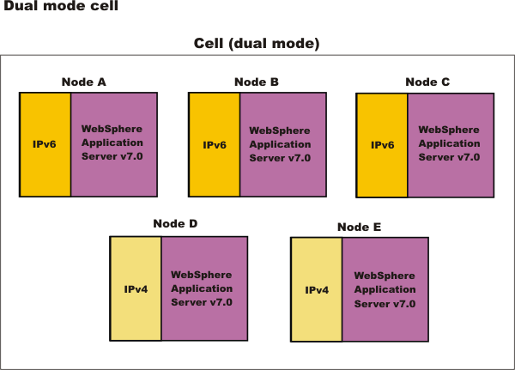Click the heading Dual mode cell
click(61, 6)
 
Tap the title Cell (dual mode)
click(257, 44)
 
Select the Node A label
click(84, 82)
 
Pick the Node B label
click(257, 82)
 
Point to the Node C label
click(427, 82)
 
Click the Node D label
click(175, 223)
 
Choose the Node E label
click(360, 227)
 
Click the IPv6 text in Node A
click(45, 144)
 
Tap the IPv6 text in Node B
click(215, 145)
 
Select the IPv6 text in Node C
click(383, 145)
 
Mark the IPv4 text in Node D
click(136, 289)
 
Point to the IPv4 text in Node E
click(317, 290)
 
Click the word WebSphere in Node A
click(112, 129)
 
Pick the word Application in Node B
click(280, 144)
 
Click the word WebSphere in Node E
click(385, 276)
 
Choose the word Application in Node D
click(202, 288)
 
